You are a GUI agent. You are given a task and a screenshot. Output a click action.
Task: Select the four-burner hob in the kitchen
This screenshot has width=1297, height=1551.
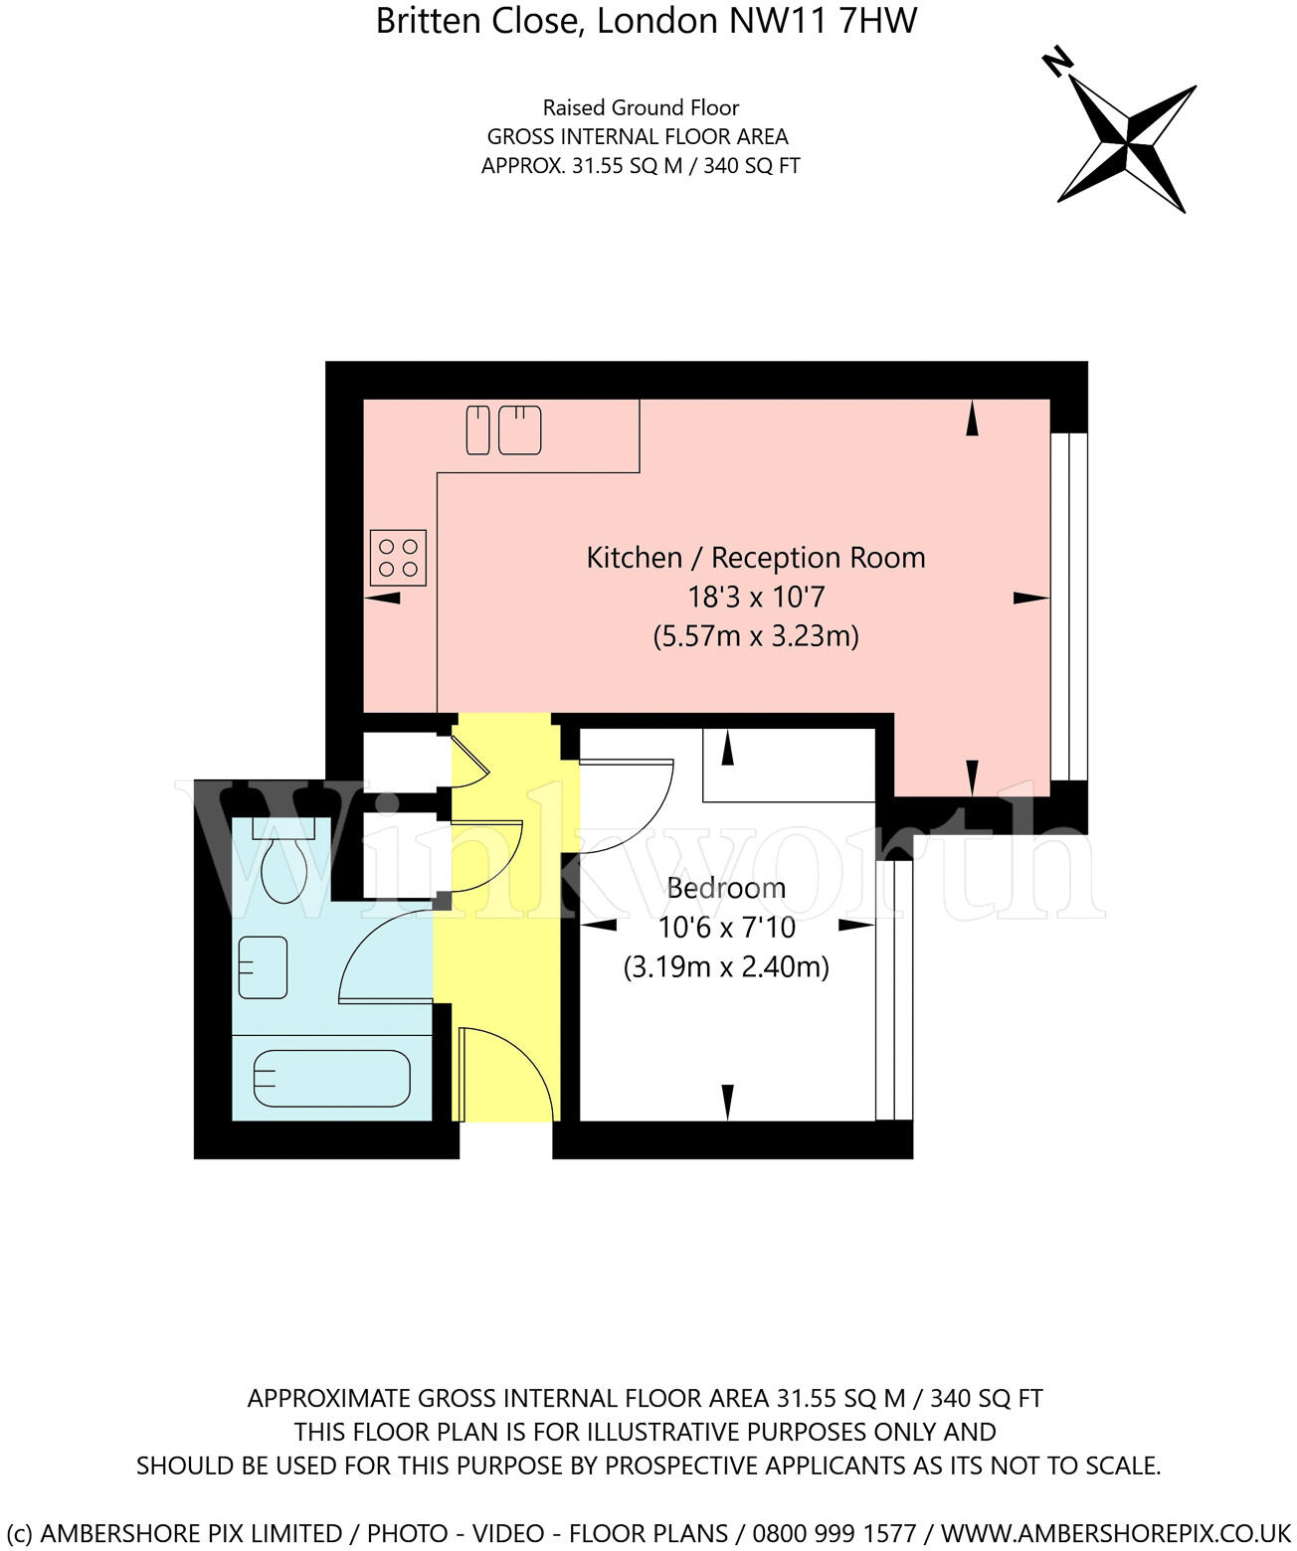click(398, 558)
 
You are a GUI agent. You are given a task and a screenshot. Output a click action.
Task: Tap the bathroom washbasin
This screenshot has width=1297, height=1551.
click(263, 967)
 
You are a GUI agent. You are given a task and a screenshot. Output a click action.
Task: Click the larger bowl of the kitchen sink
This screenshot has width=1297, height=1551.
click(519, 430)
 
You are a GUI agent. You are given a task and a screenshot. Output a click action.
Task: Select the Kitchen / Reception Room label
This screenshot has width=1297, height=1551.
click(755, 558)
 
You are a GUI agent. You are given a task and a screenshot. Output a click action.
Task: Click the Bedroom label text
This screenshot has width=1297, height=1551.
click(726, 888)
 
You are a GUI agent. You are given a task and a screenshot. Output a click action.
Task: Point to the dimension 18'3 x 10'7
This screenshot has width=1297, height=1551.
click(756, 597)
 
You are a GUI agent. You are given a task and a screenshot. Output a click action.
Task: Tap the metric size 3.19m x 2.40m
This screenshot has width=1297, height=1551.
click(726, 966)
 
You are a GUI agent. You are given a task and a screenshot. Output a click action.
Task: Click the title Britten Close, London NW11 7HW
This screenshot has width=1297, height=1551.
click(647, 21)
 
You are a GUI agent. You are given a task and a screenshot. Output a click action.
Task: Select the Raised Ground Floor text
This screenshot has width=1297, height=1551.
click(641, 107)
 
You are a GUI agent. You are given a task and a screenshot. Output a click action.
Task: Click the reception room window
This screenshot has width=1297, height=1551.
click(1068, 606)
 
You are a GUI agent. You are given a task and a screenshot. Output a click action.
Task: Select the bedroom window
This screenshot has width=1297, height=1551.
click(894, 990)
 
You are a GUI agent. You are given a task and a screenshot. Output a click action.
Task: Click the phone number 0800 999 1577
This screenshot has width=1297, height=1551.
click(834, 1533)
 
